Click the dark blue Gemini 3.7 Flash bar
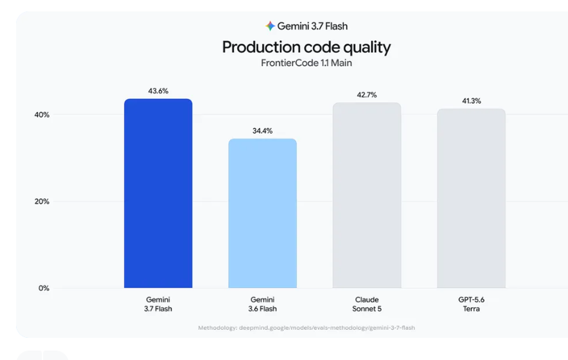tap(158, 194)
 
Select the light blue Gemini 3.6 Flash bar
tap(262, 214)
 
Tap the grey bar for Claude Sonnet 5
tap(367, 195)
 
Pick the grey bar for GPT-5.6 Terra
tap(471, 199)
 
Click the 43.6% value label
tap(158, 91)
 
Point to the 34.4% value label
tap(262, 131)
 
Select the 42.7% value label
tap(367, 95)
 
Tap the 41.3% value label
tap(471, 101)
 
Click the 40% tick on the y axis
tap(41, 115)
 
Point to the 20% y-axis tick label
tap(41, 202)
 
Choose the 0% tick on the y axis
tap(44, 288)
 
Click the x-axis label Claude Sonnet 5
tap(367, 304)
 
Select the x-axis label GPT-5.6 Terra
tap(471, 304)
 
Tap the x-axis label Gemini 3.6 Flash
tap(262, 304)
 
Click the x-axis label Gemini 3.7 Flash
tap(158, 304)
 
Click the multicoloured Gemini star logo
tap(270, 26)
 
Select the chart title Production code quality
tap(307, 48)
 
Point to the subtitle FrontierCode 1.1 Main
tap(307, 63)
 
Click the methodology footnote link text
tap(307, 328)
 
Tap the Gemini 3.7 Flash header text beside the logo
tap(312, 26)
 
